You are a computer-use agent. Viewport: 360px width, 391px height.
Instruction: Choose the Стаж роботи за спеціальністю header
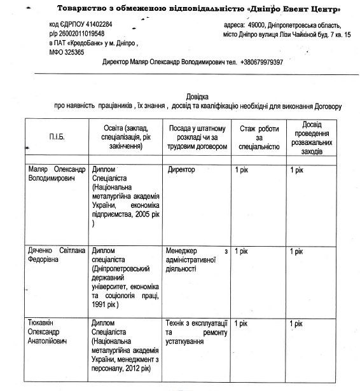pos(258,137)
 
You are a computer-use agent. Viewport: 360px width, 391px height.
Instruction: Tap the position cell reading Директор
pos(181,170)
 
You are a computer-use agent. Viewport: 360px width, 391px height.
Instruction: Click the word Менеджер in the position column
pos(179,252)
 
